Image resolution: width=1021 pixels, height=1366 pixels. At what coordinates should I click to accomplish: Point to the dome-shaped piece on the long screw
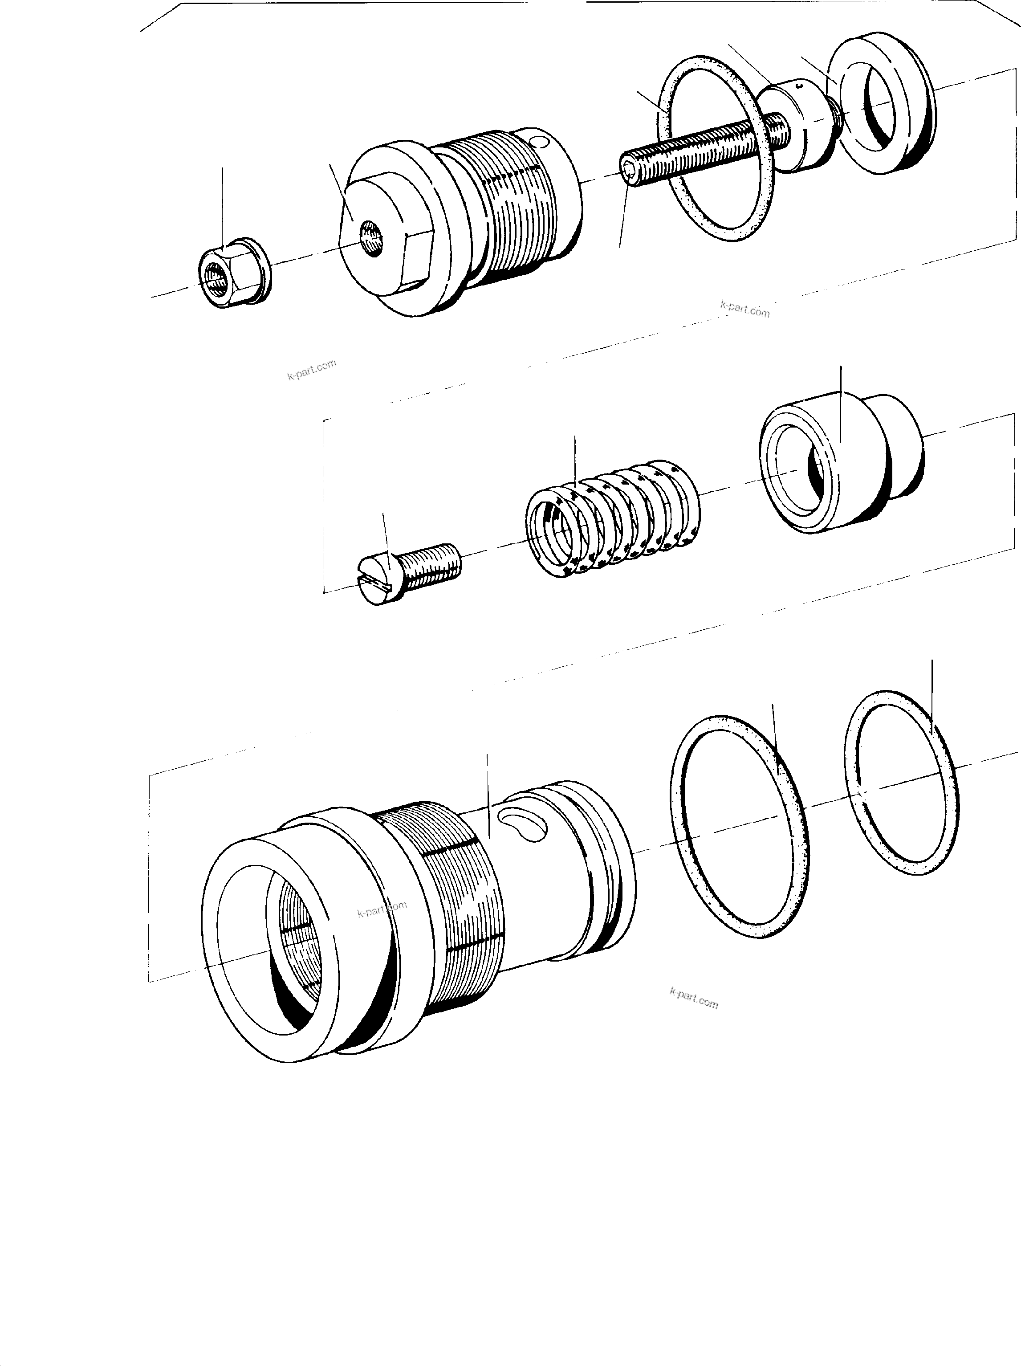(796, 125)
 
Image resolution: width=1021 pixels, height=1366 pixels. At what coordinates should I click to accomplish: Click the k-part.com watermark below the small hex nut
(312, 370)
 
